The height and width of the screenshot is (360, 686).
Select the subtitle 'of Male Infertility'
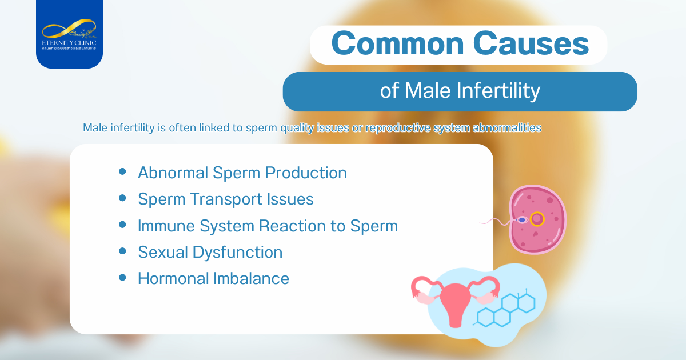[460, 91]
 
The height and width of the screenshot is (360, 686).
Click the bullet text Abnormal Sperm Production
[242, 173]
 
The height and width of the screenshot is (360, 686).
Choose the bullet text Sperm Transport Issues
[225, 199]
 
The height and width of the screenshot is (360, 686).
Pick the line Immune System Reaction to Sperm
[267, 226]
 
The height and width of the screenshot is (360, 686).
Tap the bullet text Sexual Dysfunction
[210, 252]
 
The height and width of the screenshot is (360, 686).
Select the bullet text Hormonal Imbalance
[213, 278]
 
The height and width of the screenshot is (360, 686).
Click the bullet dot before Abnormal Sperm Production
[122, 172]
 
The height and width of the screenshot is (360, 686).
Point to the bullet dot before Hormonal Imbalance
[122, 278]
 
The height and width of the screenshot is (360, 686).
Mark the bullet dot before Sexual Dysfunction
[122, 251]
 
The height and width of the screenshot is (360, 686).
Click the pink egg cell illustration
[537, 219]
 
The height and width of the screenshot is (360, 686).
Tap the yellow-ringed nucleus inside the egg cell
[537, 219]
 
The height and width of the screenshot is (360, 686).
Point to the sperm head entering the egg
[521, 219]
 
